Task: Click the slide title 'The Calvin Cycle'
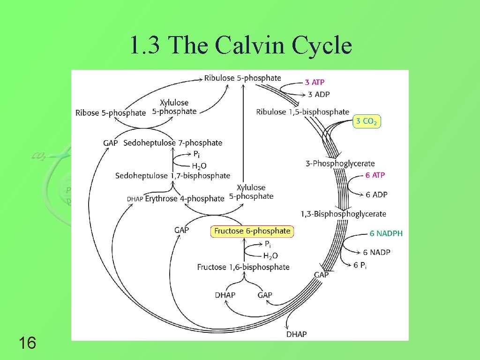point(240,46)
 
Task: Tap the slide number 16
point(28,344)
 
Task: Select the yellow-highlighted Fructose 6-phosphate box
point(252,231)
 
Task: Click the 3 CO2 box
point(367,121)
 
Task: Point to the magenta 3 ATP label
point(315,82)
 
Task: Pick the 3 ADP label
point(319,95)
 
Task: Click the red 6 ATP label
point(375,175)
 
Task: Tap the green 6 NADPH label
point(386,233)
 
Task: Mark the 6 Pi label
point(360,265)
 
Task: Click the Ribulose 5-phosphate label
point(242,78)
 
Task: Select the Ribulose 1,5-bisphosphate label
point(302,112)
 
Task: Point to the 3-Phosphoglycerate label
point(340,164)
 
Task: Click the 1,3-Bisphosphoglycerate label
point(343,214)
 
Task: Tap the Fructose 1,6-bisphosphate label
point(243,267)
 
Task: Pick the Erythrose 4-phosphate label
point(184,199)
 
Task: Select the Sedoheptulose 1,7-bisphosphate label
point(172,176)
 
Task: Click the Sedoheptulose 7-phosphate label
point(172,143)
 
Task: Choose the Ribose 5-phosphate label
point(111,113)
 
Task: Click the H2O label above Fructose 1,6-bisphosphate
point(270,256)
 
